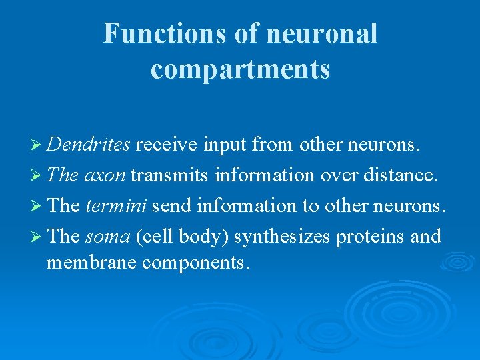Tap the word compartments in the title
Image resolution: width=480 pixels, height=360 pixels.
tap(240, 68)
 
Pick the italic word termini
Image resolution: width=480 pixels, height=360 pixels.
tap(116, 205)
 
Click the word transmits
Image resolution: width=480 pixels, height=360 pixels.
tap(169, 175)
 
